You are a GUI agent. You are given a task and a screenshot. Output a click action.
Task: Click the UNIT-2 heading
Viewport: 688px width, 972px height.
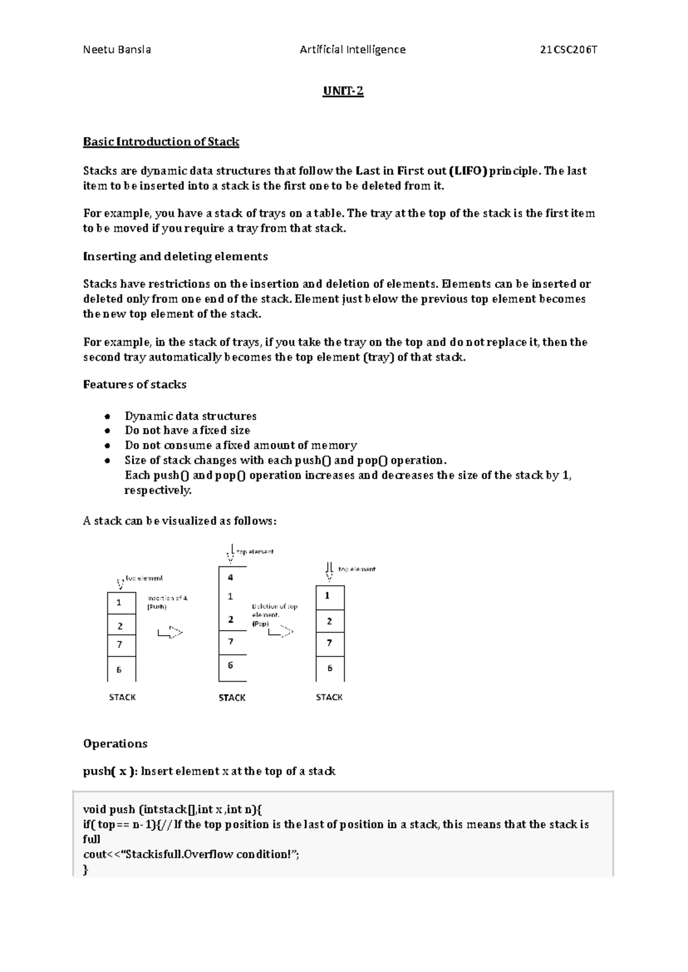pos(343,91)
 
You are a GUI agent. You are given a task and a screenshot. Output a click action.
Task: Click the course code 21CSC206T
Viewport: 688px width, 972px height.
pos(569,50)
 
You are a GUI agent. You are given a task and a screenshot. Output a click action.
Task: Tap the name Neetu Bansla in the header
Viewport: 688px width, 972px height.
pos(117,50)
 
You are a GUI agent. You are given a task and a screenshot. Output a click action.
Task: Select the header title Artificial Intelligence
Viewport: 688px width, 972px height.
pos(353,50)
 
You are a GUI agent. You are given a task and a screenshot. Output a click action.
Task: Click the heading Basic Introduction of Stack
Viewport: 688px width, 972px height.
pos(161,142)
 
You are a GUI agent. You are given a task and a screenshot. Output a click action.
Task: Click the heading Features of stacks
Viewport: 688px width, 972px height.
pos(135,384)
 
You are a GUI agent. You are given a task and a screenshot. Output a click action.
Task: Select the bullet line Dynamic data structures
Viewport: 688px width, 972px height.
pos(190,416)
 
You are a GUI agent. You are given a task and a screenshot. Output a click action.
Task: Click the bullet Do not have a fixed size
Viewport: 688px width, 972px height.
pos(187,430)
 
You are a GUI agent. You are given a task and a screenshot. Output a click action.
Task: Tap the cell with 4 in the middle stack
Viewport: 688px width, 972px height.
pos(231,577)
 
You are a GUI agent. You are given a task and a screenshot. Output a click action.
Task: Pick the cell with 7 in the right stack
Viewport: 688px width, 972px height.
pos(330,643)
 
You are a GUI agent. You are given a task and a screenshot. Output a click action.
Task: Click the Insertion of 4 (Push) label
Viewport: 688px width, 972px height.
pos(167,602)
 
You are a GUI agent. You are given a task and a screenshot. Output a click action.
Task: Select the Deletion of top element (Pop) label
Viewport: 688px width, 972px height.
pos(274,615)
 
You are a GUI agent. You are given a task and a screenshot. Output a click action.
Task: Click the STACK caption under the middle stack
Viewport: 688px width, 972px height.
pos(232,698)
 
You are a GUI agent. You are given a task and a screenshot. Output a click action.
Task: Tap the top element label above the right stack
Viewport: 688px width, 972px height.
pos(357,569)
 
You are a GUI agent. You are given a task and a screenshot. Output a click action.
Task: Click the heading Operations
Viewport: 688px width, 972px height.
pos(115,744)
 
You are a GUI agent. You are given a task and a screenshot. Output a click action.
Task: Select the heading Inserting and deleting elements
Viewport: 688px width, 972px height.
pos(175,256)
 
